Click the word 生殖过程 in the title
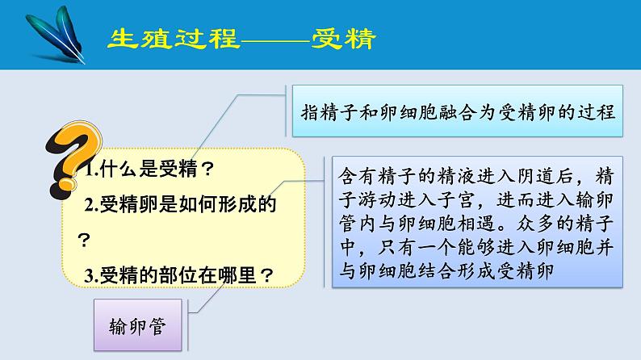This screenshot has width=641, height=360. [x=173, y=39]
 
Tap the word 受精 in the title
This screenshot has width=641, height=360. [x=344, y=39]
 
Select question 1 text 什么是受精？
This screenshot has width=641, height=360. [x=150, y=170]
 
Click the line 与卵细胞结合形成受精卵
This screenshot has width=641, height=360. [x=443, y=270]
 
